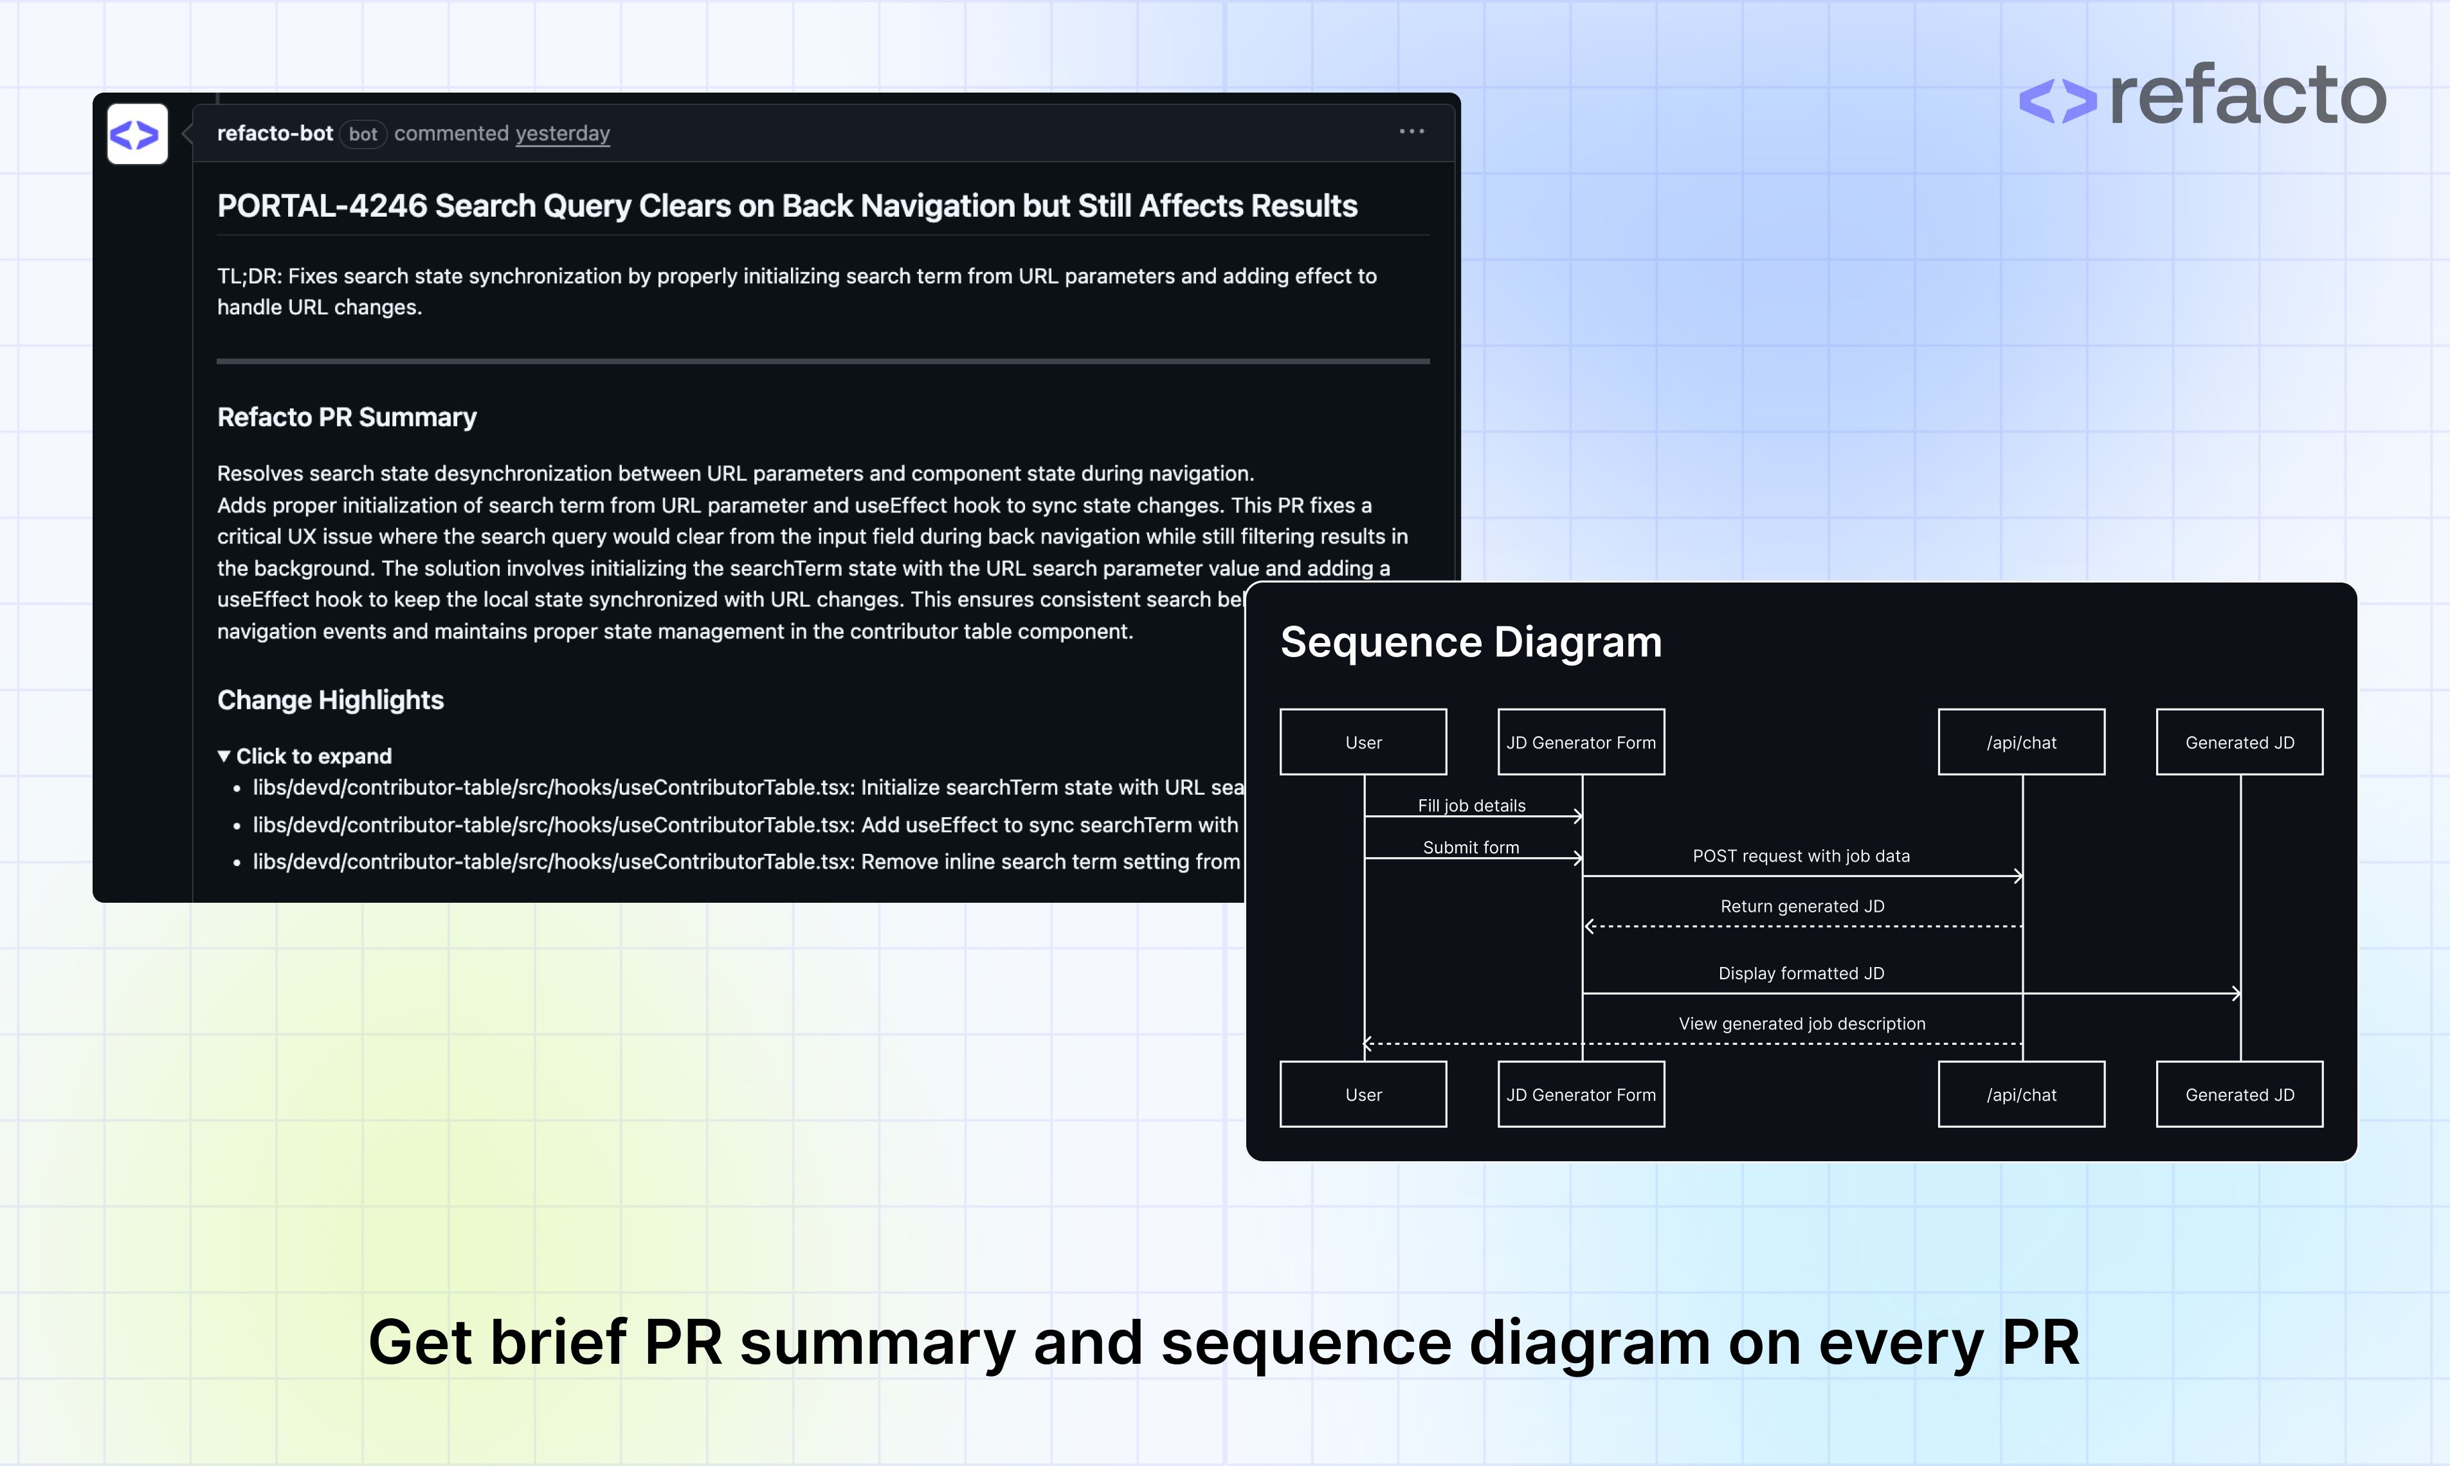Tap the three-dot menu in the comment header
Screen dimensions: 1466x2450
pyautogui.click(x=1411, y=131)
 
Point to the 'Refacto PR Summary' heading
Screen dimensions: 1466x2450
pyautogui.click(x=346, y=417)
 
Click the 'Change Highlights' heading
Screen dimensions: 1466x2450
pyautogui.click(x=330, y=700)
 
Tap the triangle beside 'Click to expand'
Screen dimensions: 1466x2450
pyautogui.click(x=224, y=756)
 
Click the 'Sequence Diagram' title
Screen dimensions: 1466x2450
pyautogui.click(x=1471, y=642)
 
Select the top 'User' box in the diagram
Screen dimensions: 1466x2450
pyautogui.click(x=1363, y=742)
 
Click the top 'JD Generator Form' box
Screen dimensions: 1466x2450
pyautogui.click(x=1581, y=742)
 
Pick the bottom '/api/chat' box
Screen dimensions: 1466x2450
pyautogui.click(x=2021, y=1094)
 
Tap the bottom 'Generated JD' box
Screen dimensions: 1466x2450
pyautogui.click(x=2240, y=1094)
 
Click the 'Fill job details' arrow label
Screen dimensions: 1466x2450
pyautogui.click(x=1471, y=805)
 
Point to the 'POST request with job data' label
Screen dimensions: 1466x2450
pyautogui.click(x=1801, y=856)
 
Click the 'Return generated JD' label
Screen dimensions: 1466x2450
pyautogui.click(x=1802, y=906)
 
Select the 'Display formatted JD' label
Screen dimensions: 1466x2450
pyautogui.click(x=1801, y=973)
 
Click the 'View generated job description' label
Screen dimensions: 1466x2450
pyautogui.click(x=1802, y=1024)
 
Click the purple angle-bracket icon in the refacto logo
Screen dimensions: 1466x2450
pyautogui.click(x=2057, y=100)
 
